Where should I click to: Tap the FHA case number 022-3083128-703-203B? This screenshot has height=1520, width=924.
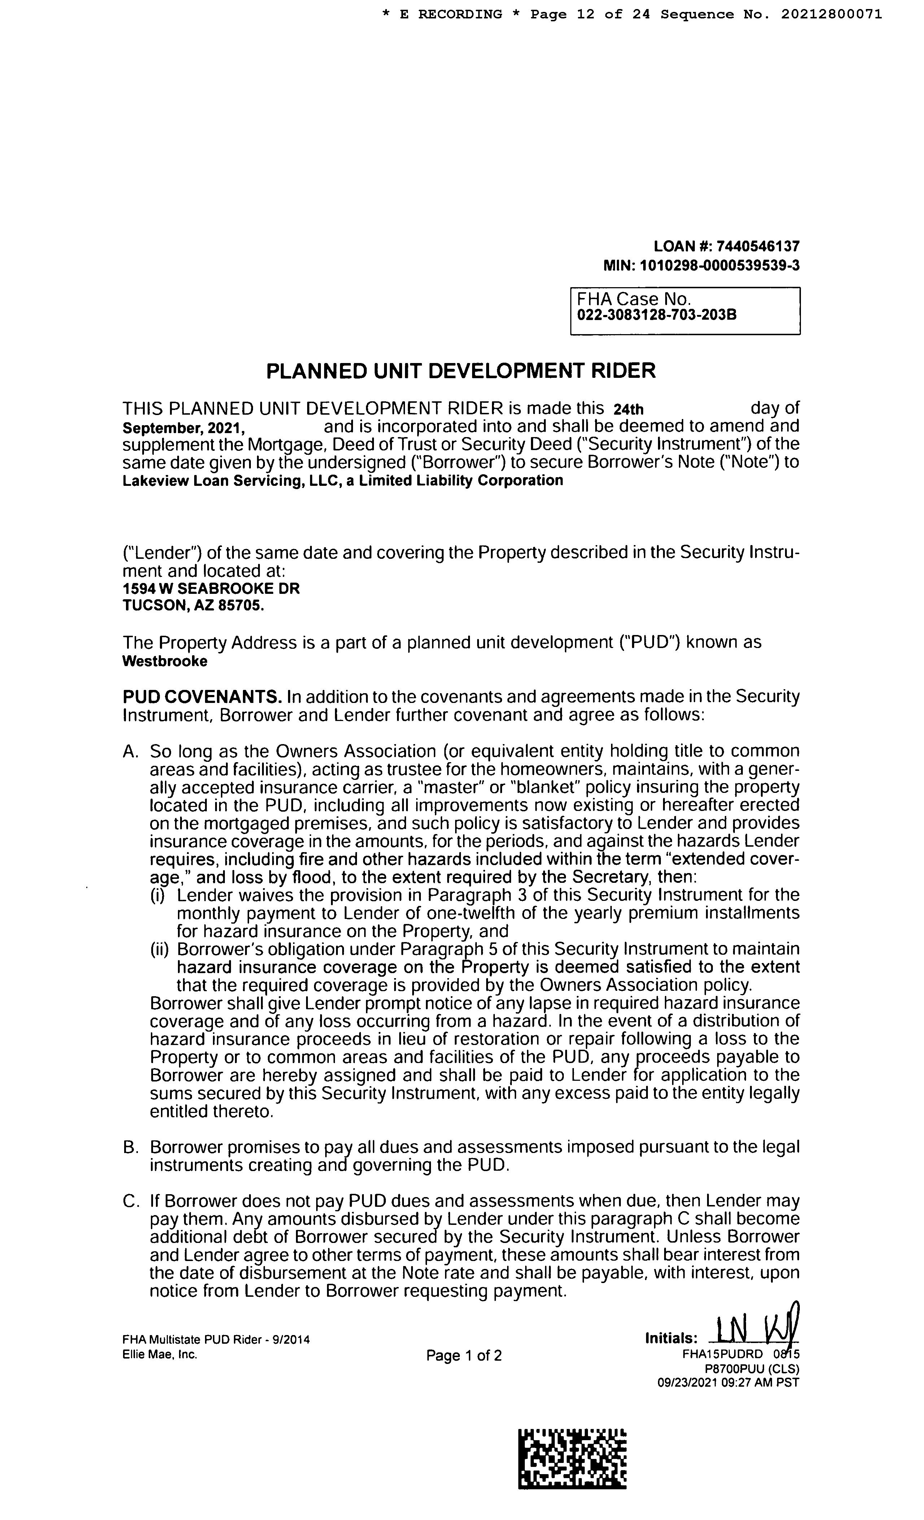pyautogui.click(x=657, y=315)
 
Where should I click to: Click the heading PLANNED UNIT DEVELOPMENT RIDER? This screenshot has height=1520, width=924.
pyautogui.click(x=461, y=371)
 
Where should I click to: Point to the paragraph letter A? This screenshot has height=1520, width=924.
pyautogui.click(x=130, y=751)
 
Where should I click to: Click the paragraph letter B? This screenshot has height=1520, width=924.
pyautogui.click(x=130, y=1147)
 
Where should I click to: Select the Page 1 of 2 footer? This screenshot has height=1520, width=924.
pyautogui.click(x=463, y=1355)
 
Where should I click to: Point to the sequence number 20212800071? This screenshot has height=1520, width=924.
pyautogui.click(x=832, y=14)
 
